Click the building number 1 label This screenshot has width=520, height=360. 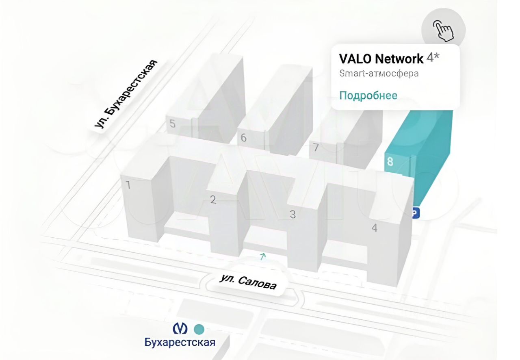128,185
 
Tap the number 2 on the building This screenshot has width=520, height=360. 213,200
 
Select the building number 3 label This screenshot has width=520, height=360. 292,214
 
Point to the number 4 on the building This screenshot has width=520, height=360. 375,228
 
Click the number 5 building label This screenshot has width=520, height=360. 173,124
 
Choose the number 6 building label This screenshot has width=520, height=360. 243,138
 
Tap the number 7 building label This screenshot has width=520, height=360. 315,147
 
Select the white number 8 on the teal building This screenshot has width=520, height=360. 390,162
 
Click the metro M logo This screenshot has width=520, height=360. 180,328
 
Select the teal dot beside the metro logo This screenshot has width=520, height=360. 199,328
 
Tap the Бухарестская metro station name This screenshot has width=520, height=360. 180,342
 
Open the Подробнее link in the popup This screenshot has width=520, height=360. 368,95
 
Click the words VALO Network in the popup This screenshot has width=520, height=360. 381,59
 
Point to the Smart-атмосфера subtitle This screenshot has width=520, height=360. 379,74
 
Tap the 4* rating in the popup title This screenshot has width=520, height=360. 433,58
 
